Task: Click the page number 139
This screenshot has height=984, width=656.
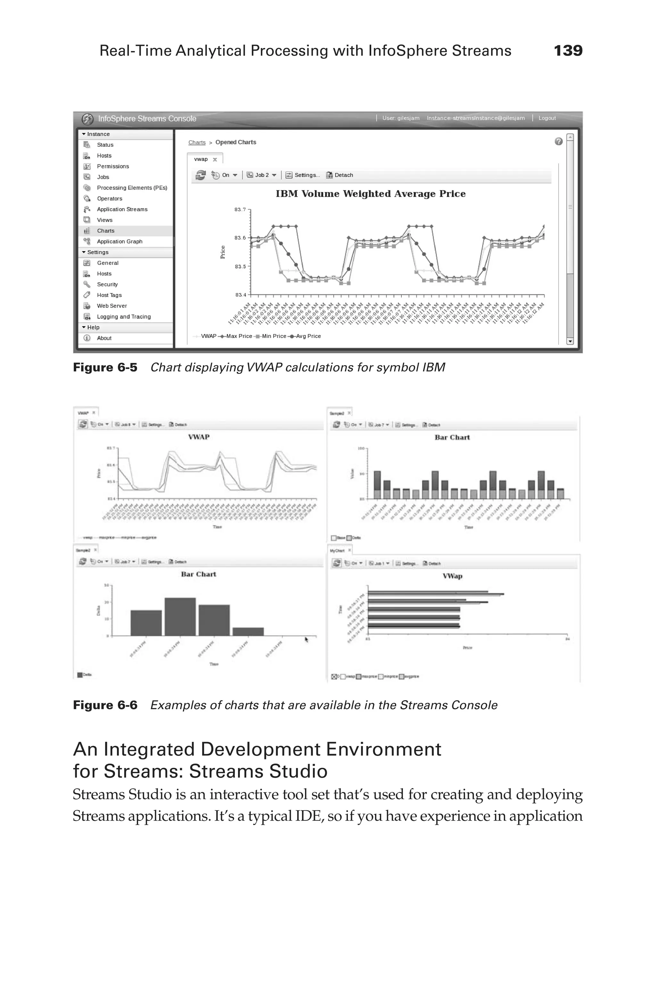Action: click(568, 51)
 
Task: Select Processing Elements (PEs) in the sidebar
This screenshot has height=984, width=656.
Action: click(132, 188)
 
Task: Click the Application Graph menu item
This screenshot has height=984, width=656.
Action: click(120, 242)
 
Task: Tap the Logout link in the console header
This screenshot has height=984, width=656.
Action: click(547, 118)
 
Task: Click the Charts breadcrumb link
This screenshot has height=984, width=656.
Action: click(197, 142)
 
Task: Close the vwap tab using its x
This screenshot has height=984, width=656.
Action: click(215, 160)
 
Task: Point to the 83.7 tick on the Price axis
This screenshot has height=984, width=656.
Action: click(240, 209)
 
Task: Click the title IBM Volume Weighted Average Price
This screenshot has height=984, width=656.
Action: click(370, 194)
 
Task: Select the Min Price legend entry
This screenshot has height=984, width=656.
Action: click(273, 336)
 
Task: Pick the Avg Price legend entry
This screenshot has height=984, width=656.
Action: click(307, 336)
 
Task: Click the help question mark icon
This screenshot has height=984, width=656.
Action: click(558, 141)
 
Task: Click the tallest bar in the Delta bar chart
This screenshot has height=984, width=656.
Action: click(180, 617)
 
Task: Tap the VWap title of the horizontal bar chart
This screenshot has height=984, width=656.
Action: click(452, 576)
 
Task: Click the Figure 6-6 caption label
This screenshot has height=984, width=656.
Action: click(105, 705)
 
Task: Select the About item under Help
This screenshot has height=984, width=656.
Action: click(104, 338)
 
